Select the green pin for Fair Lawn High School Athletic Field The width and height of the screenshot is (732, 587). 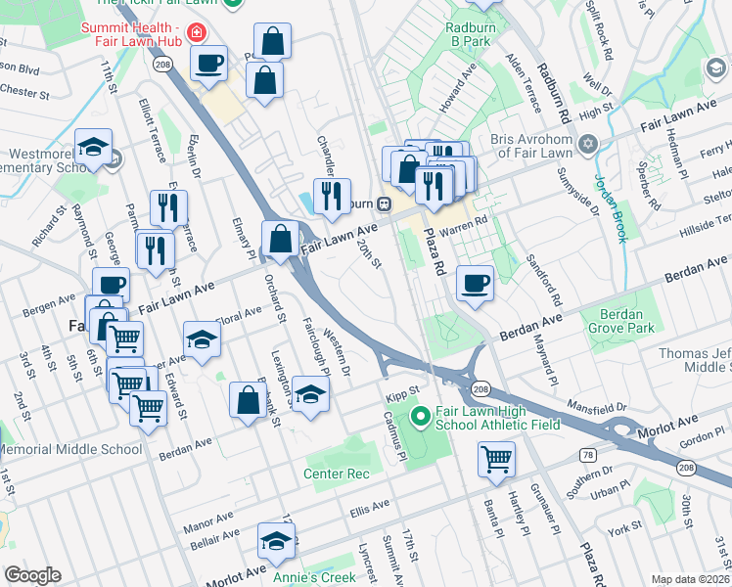(421, 418)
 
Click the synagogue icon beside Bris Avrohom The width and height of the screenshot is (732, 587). (587, 146)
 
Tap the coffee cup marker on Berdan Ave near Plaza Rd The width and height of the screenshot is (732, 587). (475, 284)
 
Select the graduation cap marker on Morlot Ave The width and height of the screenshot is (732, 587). (277, 541)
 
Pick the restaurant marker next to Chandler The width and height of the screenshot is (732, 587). (333, 196)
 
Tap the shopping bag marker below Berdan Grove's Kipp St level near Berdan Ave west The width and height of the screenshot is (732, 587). (249, 399)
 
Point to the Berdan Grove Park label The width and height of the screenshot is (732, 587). (617, 322)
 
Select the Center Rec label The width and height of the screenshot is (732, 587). (337, 474)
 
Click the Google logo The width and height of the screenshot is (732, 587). (33, 575)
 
